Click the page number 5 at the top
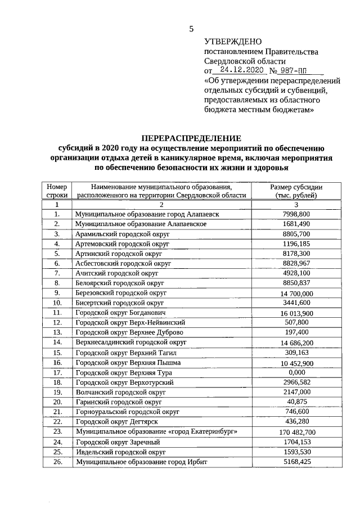tap(191, 29)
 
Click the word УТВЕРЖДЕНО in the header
tap(233, 42)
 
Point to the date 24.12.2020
tap(242, 71)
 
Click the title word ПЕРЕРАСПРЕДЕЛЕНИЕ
tap(191, 138)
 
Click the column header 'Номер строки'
tap(57, 191)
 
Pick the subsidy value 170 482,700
tap(297, 432)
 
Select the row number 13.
tap(57, 332)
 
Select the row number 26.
tap(57, 461)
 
